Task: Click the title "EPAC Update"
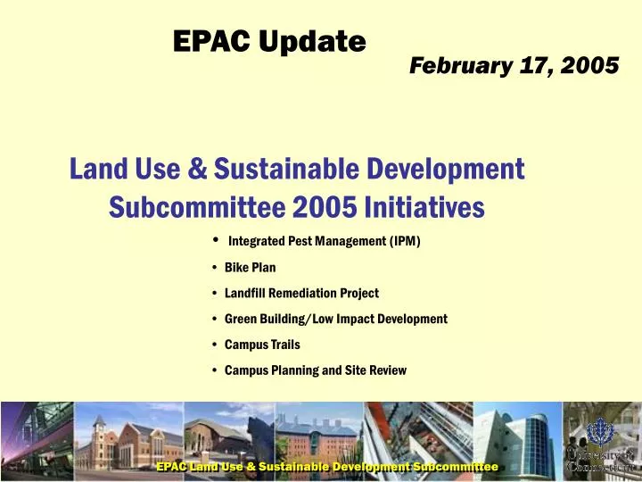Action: tap(268, 40)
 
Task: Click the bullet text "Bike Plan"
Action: tap(250, 267)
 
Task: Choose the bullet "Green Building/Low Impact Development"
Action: tap(335, 319)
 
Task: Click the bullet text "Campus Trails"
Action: tap(262, 345)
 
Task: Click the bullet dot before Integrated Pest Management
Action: tap(217, 240)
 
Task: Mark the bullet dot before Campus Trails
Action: tap(217, 345)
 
